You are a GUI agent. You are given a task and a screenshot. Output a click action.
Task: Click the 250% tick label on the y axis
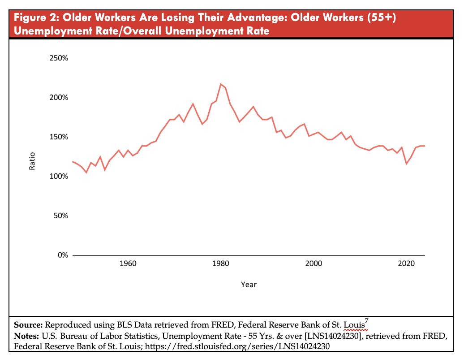coord(59,58)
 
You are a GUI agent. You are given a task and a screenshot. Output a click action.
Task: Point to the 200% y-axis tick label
coord(59,98)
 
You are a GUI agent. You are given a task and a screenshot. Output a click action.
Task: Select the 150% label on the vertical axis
coord(59,137)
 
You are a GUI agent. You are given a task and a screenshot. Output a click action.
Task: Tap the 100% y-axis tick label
coord(59,176)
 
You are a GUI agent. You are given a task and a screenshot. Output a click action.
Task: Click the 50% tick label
coord(60,216)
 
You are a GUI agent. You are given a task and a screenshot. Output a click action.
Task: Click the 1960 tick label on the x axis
coord(128,263)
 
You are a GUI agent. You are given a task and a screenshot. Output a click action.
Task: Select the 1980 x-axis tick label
coord(221,263)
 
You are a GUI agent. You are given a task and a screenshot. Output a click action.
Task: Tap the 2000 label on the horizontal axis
coord(314,263)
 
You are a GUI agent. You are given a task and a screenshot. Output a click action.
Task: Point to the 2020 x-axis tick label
coord(406,263)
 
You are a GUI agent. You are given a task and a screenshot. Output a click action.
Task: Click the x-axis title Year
coord(249,285)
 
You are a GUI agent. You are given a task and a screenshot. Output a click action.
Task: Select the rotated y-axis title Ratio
coord(32,162)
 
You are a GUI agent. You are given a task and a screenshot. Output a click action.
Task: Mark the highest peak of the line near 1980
coord(221,84)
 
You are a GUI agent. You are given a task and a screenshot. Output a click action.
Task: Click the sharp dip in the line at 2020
coord(406,164)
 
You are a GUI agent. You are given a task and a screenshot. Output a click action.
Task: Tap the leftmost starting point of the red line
coord(73,161)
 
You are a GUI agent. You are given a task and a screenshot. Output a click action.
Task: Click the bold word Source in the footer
coord(28,324)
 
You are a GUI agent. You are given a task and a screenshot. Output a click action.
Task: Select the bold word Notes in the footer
coord(26,336)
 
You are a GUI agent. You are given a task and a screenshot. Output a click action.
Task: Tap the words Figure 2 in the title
coord(34,18)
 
